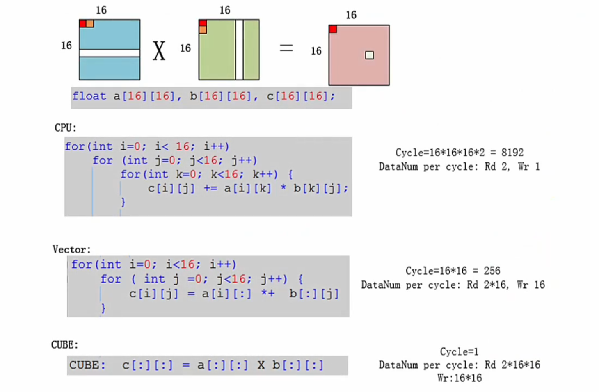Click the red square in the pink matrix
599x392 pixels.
[x=333, y=29]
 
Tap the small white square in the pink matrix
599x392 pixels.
[x=369, y=55]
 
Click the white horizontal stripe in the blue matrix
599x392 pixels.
[x=110, y=53]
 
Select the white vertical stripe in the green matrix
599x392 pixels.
[x=239, y=50]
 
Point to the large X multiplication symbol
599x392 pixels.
[x=159, y=51]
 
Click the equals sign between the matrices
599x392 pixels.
[x=286, y=48]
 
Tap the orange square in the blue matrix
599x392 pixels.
[x=90, y=23]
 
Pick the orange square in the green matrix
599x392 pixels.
[x=203, y=30]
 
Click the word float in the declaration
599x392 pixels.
[x=89, y=96]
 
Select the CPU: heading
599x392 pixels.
[x=65, y=128]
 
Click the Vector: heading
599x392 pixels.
[x=71, y=249]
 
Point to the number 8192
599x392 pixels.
[x=512, y=153]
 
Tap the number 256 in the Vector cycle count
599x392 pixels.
[x=492, y=271]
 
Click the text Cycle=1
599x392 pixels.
[x=459, y=351]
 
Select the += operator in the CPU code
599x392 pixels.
[x=210, y=188]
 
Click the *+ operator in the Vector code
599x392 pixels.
[x=268, y=294]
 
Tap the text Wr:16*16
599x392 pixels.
[x=460, y=378]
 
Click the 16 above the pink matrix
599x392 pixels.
[x=351, y=15]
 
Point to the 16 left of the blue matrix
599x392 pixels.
[x=66, y=46]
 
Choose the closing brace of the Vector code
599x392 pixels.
[x=103, y=308]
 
